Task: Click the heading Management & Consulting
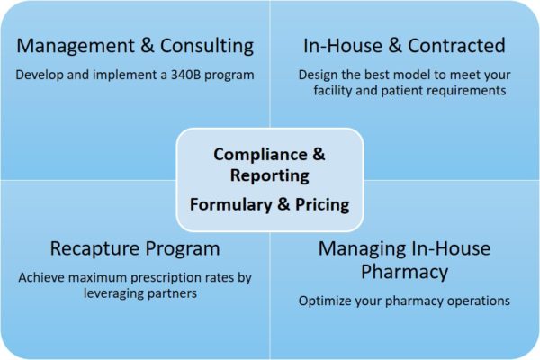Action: (135, 45)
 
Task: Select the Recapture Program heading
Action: (135, 248)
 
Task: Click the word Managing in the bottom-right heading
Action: (356, 248)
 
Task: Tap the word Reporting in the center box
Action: (269, 175)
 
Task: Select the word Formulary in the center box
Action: (229, 204)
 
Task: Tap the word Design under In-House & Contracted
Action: (319, 74)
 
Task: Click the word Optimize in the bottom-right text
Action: (325, 301)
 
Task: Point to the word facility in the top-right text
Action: (337, 90)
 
